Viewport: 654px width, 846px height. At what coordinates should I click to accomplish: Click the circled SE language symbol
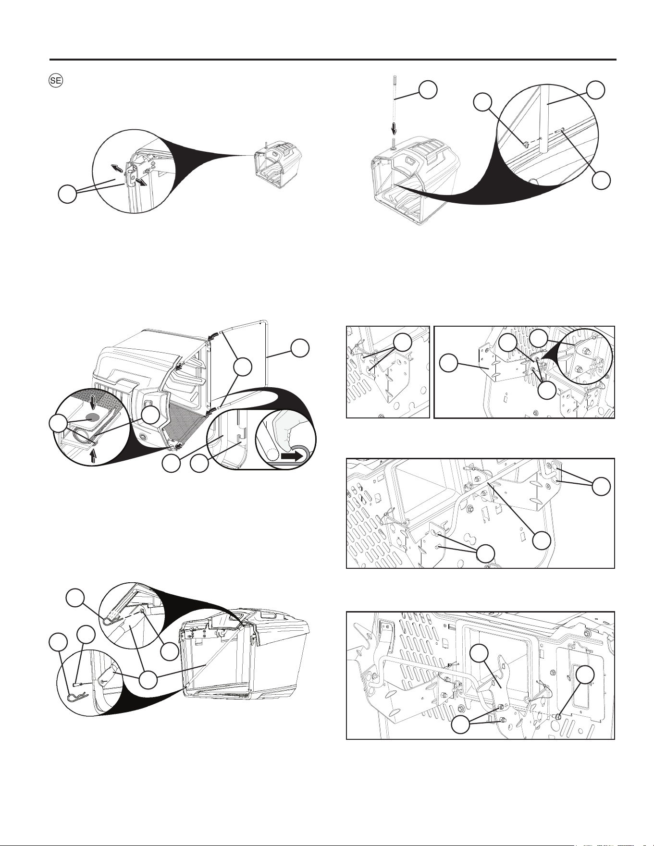56,81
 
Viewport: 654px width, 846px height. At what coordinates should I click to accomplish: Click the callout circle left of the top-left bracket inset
67,195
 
